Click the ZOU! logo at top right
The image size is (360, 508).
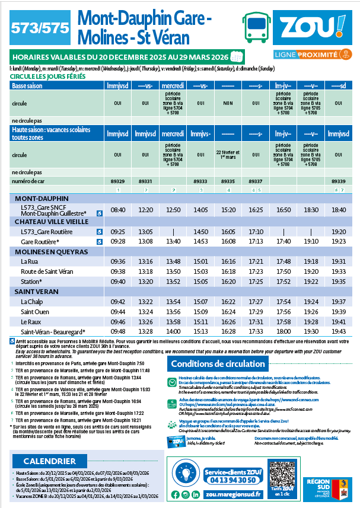(x=312, y=29)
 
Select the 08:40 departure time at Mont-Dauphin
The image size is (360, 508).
(x=119, y=210)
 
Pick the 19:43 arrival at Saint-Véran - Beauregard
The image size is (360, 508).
(x=339, y=331)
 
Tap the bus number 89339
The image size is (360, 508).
(x=339, y=181)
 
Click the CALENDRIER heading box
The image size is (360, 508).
(x=50, y=444)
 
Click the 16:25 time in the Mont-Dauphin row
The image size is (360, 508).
(x=256, y=210)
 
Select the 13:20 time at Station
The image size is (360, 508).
(x=145, y=282)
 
